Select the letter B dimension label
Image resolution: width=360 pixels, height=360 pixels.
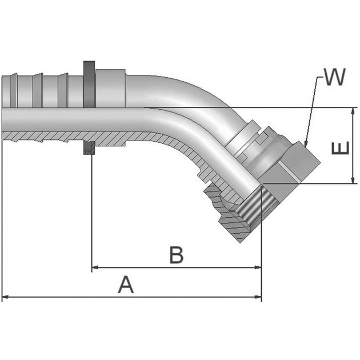(x=177, y=255)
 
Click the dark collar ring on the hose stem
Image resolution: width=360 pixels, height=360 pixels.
(x=89, y=83)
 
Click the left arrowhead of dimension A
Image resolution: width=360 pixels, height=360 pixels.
(x=6, y=297)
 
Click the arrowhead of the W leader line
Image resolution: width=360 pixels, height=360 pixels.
(x=306, y=143)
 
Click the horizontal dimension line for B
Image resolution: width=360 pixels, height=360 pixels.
(x=143, y=267)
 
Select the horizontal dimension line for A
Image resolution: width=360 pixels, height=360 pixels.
(x=69, y=297)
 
